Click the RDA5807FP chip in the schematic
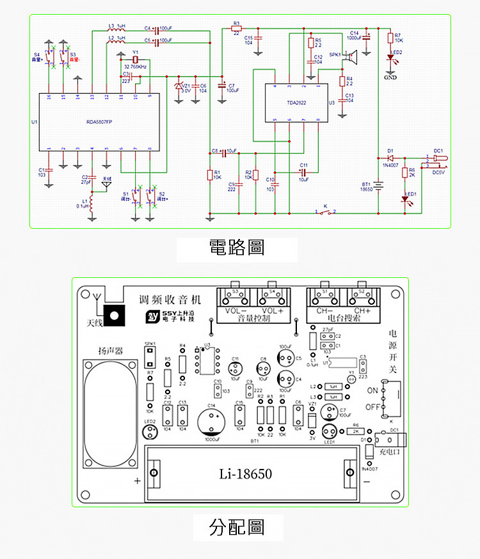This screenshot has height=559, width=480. click(x=99, y=121)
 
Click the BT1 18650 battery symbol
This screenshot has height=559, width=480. click(x=379, y=185)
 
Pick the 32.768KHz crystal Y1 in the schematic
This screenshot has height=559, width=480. click(x=134, y=59)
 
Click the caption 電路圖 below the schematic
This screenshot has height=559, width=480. click(x=237, y=248)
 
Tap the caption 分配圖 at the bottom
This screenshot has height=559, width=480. click(x=237, y=527)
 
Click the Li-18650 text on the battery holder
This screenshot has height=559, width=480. click(x=245, y=474)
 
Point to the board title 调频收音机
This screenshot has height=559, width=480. click(x=170, y=300)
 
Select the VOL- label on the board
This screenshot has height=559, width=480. click(x=236, y=311)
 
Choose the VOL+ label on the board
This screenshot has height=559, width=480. click(x=275, y=311)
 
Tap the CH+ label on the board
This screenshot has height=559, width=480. click(x=363, y=311)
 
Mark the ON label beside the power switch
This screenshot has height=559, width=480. click(x=372, y=390)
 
